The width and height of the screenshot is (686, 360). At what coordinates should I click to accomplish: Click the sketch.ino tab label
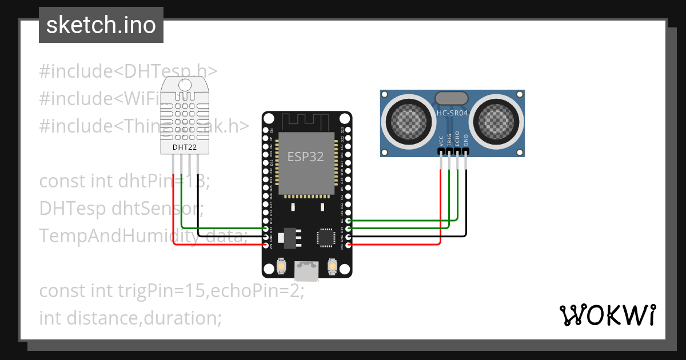[x=101, y=26]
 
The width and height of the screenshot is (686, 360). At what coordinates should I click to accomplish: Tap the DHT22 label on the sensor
[x=184, y=147]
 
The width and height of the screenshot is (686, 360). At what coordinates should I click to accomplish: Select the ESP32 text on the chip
[x=305, y=157]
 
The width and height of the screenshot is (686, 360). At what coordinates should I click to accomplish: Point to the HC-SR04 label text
[x=452, y=113]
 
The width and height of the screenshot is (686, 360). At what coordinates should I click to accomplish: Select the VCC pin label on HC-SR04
[x=441, y=141]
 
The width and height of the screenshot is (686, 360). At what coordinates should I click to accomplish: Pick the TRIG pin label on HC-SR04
[x=449, y=141]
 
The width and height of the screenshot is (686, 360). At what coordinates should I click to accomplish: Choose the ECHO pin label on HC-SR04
[x=457, y=141]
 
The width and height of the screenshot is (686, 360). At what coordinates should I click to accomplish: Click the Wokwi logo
[x=607, y=315]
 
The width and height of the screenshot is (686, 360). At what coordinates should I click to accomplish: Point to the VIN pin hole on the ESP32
[x=266, y=245]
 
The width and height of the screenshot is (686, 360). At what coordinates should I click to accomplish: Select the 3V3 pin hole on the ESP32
[x=348, y=245]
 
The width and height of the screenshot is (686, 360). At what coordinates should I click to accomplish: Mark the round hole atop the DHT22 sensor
[x=185, y=85]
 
